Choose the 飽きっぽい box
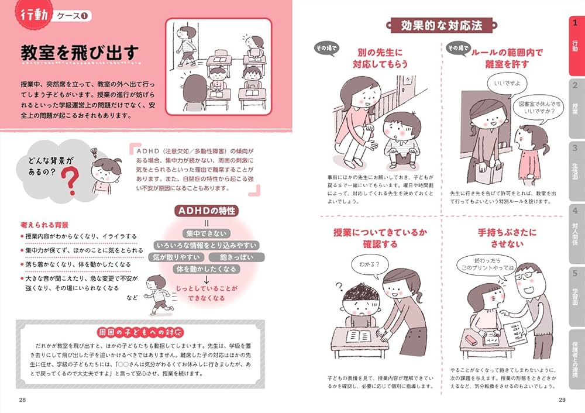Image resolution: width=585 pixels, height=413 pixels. pyautogui.click(x=237, y=257)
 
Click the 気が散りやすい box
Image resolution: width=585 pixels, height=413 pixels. pyautogui.click(x=177, y=257)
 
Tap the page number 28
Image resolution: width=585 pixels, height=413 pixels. pyautogui.click(x=22, y=400)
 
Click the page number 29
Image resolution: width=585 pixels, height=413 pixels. pyautogui.click(x=562, y=400)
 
